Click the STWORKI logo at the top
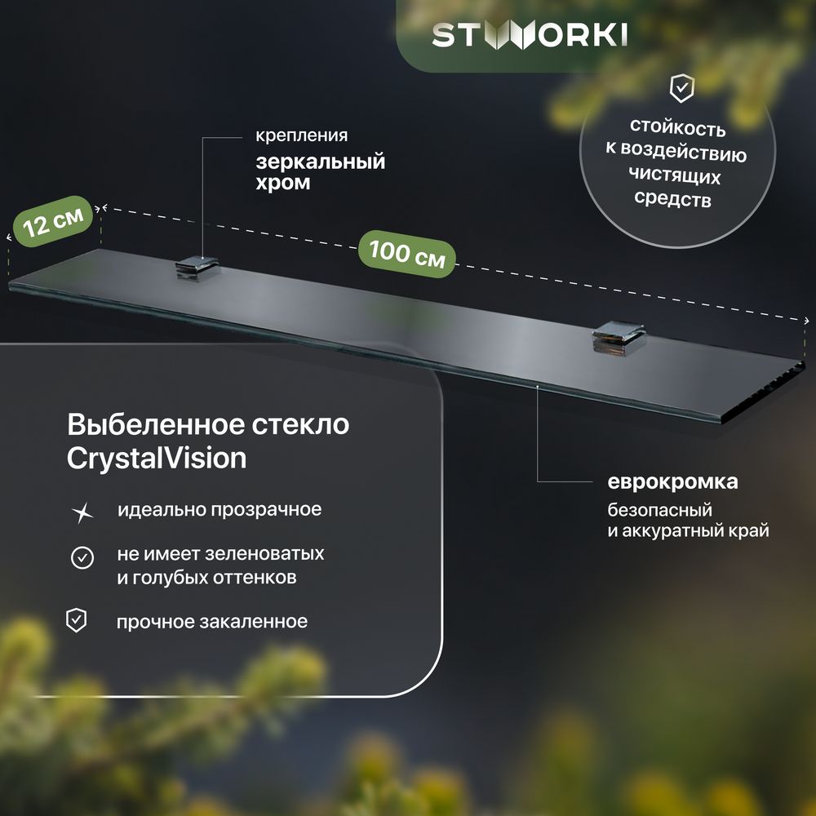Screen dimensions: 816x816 530,35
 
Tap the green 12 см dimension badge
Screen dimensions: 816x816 53,221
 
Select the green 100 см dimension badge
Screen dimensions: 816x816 407,254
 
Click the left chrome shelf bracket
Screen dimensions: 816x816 197,268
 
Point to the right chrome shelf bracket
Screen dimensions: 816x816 619,339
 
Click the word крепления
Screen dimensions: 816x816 302,135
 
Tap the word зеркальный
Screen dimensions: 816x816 321,162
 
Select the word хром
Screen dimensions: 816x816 282,183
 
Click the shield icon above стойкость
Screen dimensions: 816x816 681,87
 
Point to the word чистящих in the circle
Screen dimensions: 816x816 675,175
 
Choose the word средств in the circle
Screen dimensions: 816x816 672,198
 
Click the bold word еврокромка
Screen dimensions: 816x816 672,482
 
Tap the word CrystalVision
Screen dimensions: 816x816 157,459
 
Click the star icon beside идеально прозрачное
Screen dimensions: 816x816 82,512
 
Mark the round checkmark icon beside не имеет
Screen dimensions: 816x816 82,558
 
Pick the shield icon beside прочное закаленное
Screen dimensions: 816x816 77,620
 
